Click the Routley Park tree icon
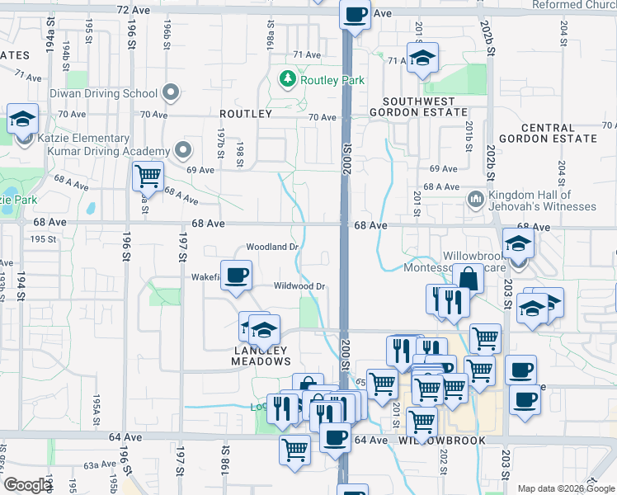tap(288, 80)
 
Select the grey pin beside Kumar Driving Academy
tap(183, 150)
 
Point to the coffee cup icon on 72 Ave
tap(355, 15)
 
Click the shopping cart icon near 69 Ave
tap(148, 175)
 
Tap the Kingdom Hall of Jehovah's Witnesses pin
tap(475, 199)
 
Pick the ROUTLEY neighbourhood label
tap(246, 113)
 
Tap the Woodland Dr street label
tap(272, 247)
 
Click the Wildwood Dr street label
tap(300, 286)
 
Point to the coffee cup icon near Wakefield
tap(236, 275)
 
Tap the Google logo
tap(26, 485)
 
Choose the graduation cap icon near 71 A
tap(423, 58)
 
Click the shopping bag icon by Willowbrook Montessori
tap(468, 279)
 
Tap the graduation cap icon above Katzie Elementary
tap(21, 119)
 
